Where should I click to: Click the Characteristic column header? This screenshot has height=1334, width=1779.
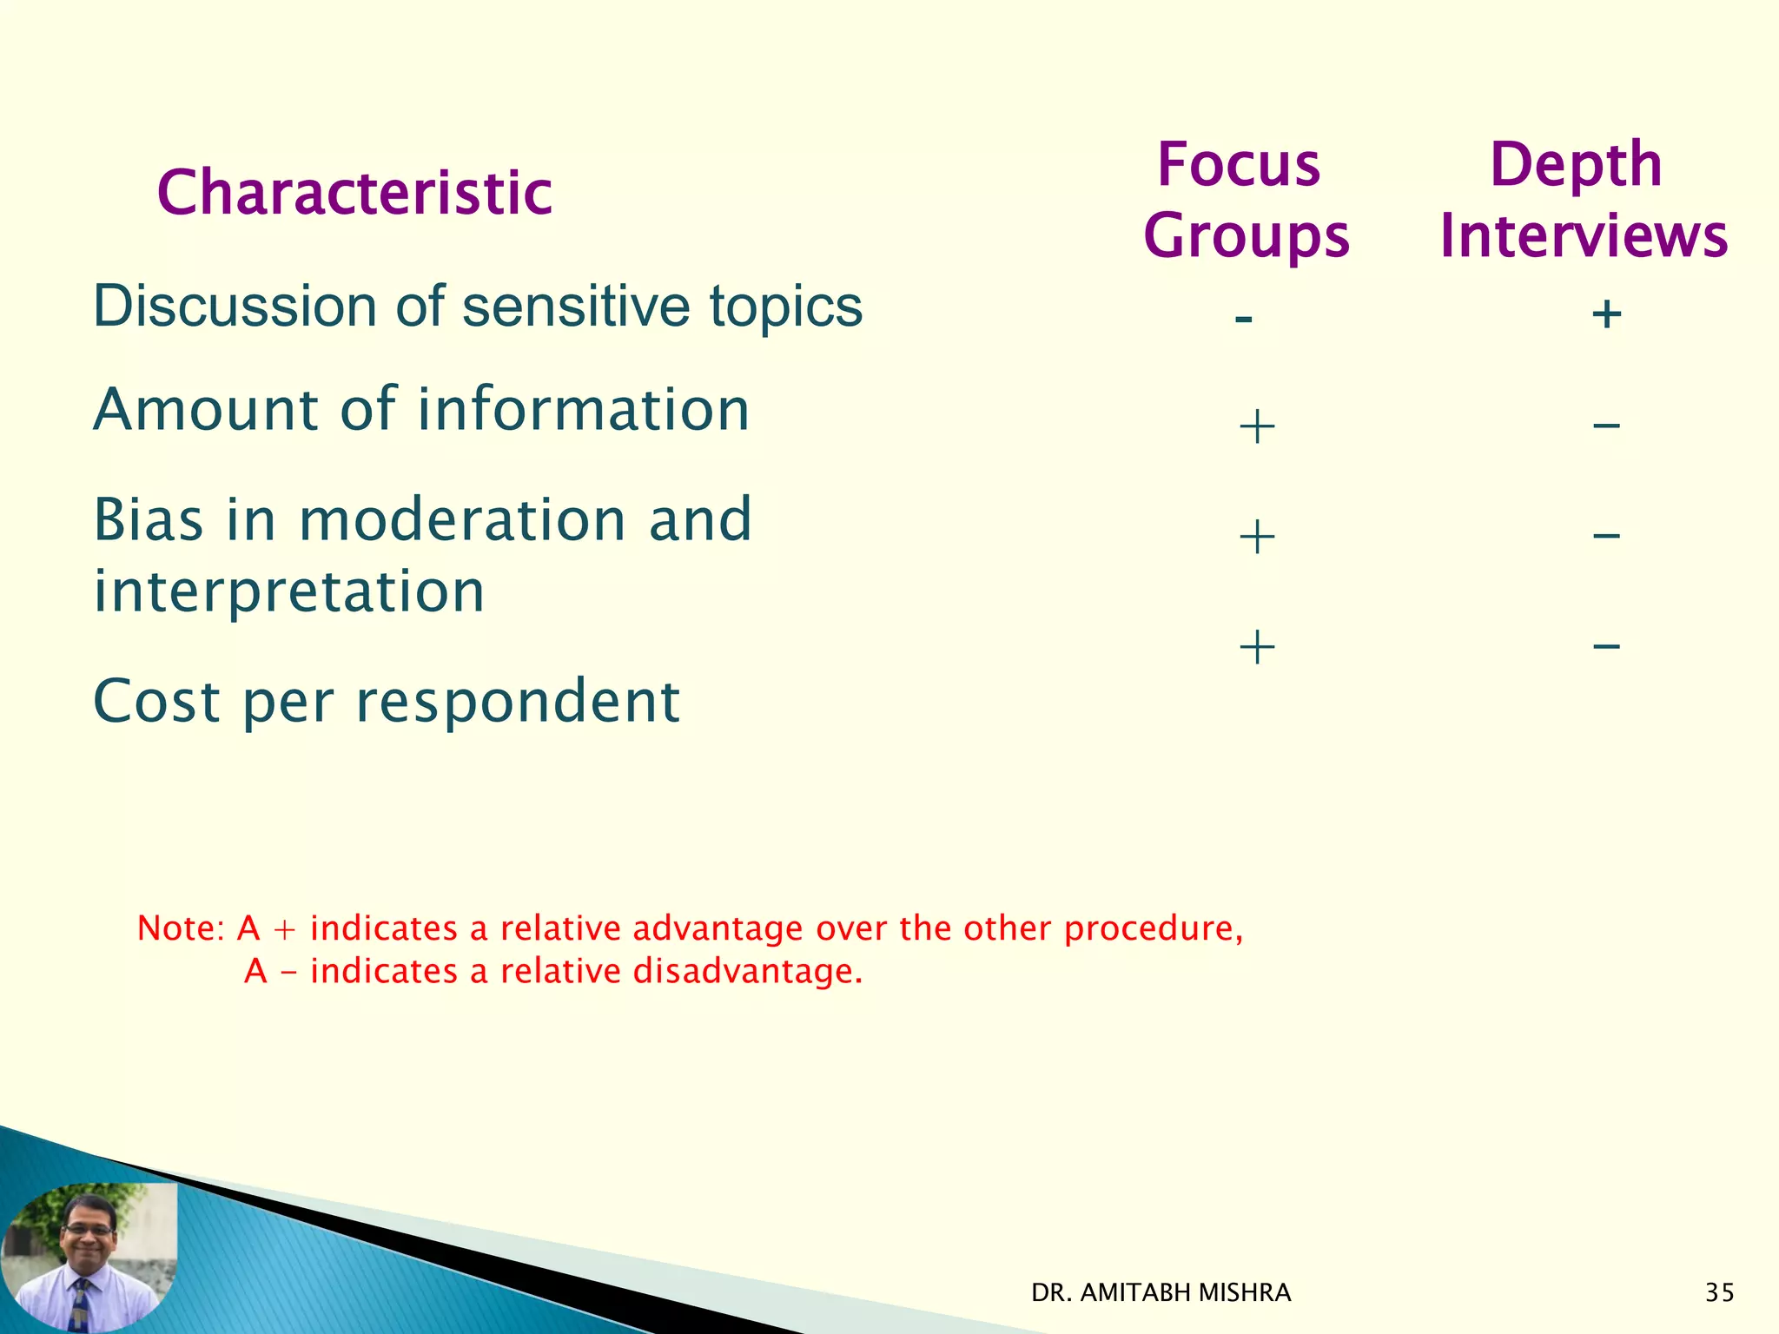pyautogui.click(x=354, y=192)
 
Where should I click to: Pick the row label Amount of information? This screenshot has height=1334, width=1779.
pyautogui.click(x=421, y=409)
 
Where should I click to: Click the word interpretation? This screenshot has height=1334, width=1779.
pyautogui.click(x=288, y=591)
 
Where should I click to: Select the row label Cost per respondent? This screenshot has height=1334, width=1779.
pyautogui.click(x=386, y=702)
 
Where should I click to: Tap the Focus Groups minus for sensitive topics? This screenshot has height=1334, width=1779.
pyautogui.click(x=1243, y=319)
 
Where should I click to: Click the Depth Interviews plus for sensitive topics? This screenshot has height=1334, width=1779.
pyautogui.click(x=1606, y=314)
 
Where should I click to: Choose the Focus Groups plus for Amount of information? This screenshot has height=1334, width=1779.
pyautogui.click(x=1257, y=427)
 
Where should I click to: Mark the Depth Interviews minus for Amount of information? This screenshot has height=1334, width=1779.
pyautogui.click(x=1606, y=426)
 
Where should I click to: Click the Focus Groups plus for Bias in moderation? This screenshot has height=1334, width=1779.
pyautogui.click(x=1257, y=537)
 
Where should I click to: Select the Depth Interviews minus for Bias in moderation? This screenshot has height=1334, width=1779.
pyautogui.click(x=1606, y=535)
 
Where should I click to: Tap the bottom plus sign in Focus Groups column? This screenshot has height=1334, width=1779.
pyautogui.click(x=1257, y=647)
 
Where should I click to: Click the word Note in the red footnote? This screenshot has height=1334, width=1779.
pyautogui.click(x=180, y=928)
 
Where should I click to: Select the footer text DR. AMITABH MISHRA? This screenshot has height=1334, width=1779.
pyautogui.click(x=1161, y=1293)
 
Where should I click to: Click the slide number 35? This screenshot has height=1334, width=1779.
pyautogui.click(x=1719, y=1293)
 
